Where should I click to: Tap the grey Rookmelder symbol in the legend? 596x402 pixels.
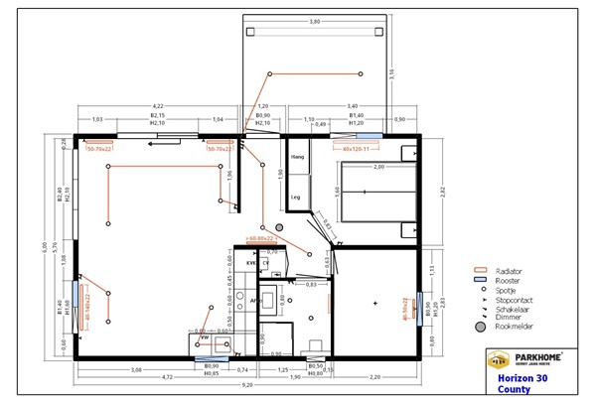[481, 326]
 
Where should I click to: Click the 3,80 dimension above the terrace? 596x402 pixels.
[314, 21]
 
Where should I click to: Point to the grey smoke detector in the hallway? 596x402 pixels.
[279, 227]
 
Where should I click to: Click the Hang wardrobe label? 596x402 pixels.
[296, 157]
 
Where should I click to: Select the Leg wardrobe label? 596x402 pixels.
[295, 197]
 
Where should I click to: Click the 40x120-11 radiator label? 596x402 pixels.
[357, 148]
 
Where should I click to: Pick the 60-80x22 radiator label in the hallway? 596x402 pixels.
[260, 240]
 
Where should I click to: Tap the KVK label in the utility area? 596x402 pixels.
[252, 263]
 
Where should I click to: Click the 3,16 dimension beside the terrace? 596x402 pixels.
[391, 71]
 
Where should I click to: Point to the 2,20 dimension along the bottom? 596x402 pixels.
[374, 378]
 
